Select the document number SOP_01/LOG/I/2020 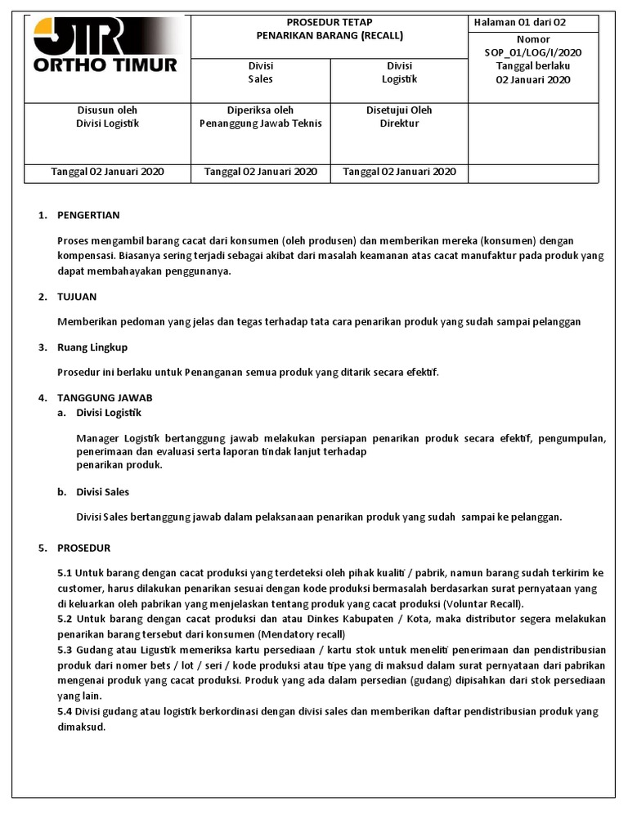(533, 52)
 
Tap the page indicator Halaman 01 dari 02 (520, 22)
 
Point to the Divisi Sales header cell (260, 73)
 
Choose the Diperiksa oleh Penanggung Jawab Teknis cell (260, 117)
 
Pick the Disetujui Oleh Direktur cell (399, 117)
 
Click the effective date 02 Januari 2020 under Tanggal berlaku (533, 79)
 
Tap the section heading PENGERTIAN (88, 215)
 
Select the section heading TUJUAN (77, 297)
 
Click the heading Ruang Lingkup (92, 347)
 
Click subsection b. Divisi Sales (102, 492)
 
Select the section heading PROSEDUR (83, 548)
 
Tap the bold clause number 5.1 (65, 573)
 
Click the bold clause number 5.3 (65, 650)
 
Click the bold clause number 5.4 (65, 711)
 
